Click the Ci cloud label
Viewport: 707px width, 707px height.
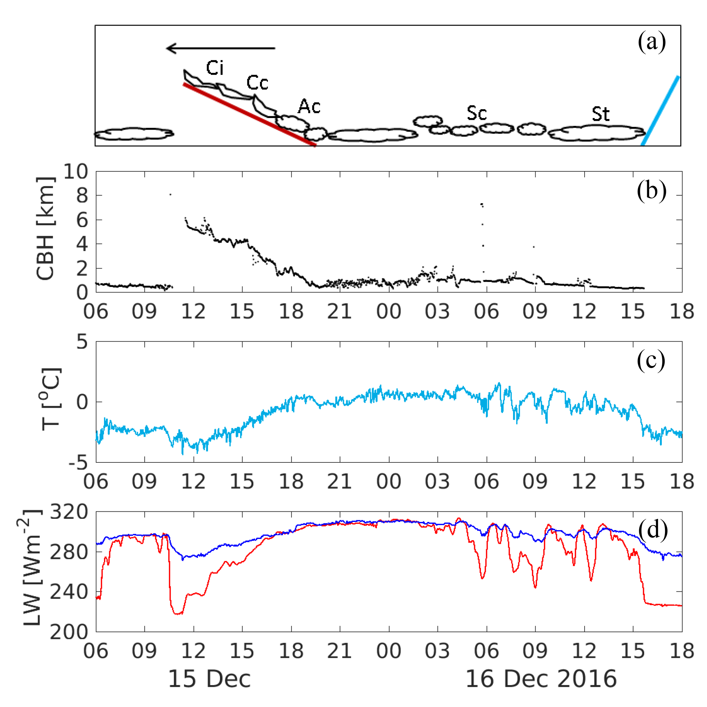[215, 68]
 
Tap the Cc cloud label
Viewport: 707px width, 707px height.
[257, 83]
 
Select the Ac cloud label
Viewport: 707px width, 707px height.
[309, 107]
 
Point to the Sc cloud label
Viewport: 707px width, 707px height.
[476, 114]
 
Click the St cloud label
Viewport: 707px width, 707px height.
[601, 115]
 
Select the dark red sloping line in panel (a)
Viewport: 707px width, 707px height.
[249, 115]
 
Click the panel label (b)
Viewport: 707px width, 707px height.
[651, 191]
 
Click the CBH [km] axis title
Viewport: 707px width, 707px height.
[45, 229]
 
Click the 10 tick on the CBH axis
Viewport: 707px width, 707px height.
[76, 171]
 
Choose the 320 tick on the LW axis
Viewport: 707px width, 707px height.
[69, 512]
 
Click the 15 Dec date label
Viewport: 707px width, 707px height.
[209, 679]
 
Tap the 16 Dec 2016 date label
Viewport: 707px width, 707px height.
[541, 679]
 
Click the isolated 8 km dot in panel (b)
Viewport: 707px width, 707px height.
[170, 194]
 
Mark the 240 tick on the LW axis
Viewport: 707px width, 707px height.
[69, 592]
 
